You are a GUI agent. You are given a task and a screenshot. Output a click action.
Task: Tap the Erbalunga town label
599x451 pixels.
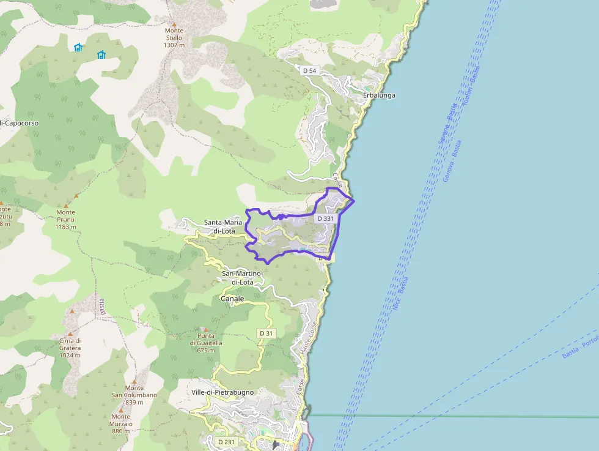[x=379, y=95]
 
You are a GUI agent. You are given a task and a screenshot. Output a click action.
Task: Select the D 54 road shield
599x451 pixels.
[x=310, y=71]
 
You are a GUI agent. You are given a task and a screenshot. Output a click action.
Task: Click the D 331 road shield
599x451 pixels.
[x=326, y=218]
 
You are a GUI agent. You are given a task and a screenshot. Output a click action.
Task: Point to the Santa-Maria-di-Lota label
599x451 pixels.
[x=224, y=226]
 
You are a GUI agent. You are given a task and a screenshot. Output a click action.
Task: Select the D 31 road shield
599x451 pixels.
[x=266, y=333]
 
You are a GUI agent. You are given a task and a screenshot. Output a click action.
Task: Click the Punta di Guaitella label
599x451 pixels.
[x=205, y=343]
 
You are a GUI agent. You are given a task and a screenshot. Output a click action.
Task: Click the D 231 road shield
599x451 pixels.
[x=226, y=442]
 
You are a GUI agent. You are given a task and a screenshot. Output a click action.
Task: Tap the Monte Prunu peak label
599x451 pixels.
[x=65, y=220]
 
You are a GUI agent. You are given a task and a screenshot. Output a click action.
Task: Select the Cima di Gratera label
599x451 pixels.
[x=70, y=348]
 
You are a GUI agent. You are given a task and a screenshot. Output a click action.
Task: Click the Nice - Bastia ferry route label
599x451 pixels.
[x=400, y=294]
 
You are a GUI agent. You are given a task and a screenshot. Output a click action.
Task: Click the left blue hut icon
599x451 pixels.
[x=78, y=47]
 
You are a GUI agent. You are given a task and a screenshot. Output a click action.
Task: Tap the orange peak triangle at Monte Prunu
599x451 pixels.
[x=76, y=196]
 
